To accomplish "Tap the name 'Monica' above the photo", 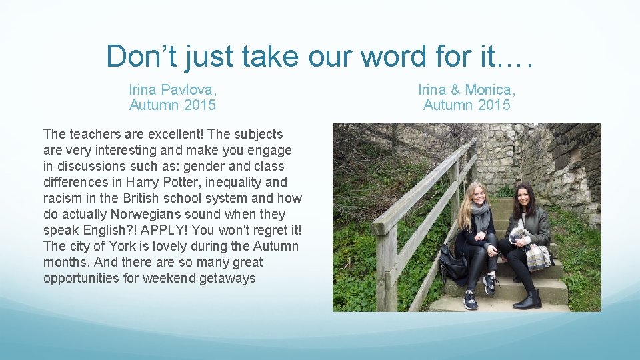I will click(x=490, y=89).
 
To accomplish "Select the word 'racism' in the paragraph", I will click(x=63, y=198).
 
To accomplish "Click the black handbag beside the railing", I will click(x=453, y=264).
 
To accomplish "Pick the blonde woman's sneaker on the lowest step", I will click(x=471, y=301).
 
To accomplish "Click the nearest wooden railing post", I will click(x=386, y=267).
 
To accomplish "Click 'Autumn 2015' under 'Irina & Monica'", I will click(x=467, y=105).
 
